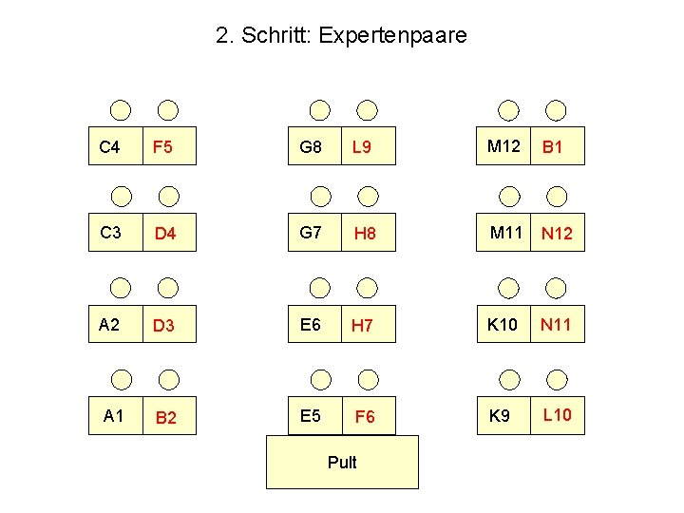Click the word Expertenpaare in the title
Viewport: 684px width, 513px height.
tap(393, 36)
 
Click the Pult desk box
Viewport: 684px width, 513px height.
tap(342, 463)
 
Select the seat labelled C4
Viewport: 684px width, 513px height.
tap(115, 147)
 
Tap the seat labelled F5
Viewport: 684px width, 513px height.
tap(168, 147)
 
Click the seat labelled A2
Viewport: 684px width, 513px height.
tap(115, 325)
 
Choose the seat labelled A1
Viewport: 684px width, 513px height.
tap(115, 416)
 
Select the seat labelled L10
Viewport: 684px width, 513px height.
tap(559, 415)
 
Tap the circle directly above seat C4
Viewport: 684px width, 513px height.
tap(120, 110)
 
